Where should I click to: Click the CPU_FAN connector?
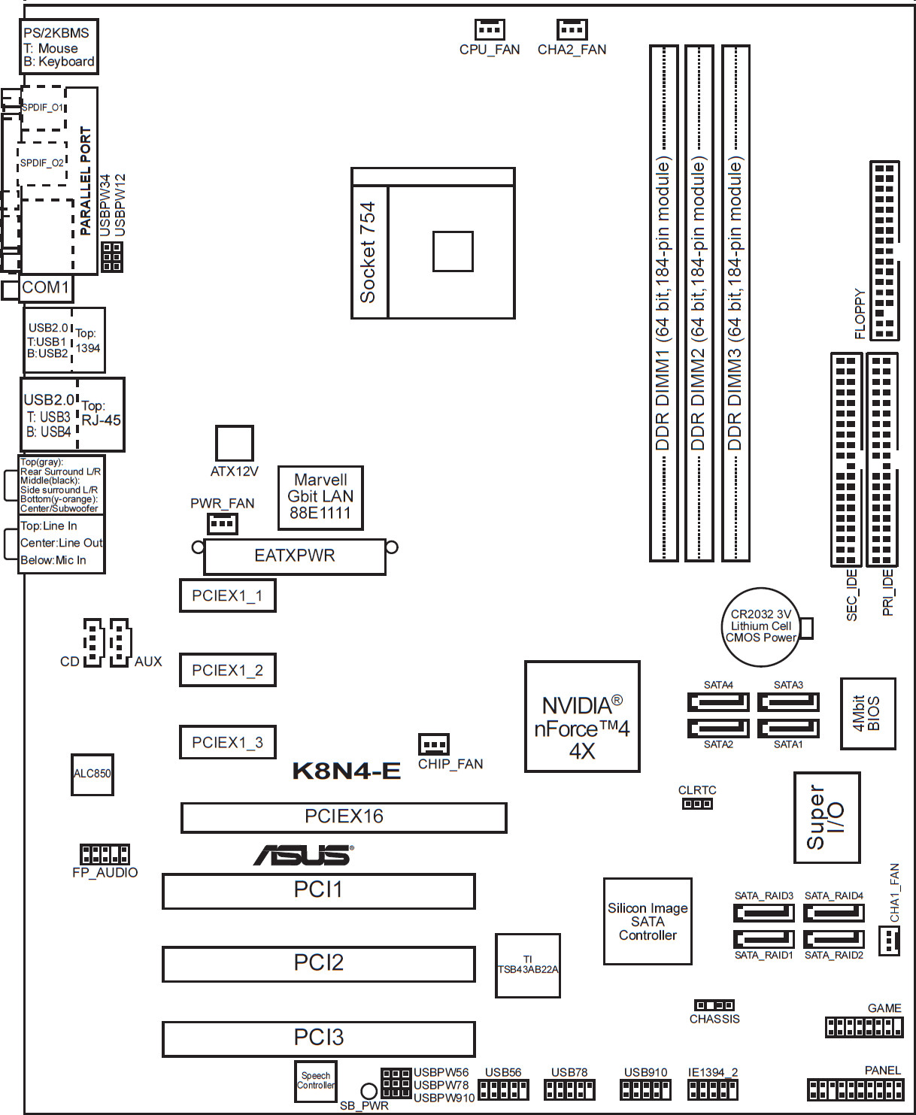pyautogui.click(x=489, y=29)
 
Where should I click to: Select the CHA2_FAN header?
pyautogui.click(x=572, y=29)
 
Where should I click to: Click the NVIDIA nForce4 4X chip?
pyautogui.click(x=582, y=717)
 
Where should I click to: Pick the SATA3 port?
pyautogui.click(x=788, y=702)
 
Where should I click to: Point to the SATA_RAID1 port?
pyautogui.click(x=763, y=939)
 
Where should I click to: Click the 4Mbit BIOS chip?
pyautogui.click(x=868, y=714)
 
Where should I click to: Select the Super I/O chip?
pyautogui.click(x=827, y=817)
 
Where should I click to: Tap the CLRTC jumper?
pyautogui.click(x=697, y=804)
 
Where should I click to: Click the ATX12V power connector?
pyautogui.click(x=235, y=443)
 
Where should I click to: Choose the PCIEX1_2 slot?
pyautogui.click(x=227, y=670)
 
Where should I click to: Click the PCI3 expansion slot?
pyautogui.click(x=318, y=1039)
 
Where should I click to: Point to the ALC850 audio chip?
pyautogui.click(x=93, y=774)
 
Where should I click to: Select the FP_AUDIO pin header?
pyautogui.click(x=105, y=854)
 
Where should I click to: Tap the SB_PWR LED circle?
pyautogui.click(x=369, y=1091)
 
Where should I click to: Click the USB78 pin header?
pyautogui.click(x=569, y=1089)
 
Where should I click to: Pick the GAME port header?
pyautogui.click(x=864, y=1027)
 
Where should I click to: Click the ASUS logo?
pyautogui.click(x=304, y=855)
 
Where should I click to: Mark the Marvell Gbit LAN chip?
pyautogui.click(x=320, y=498)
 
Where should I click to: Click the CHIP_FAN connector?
pyautogui.click(x=434, y=744)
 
